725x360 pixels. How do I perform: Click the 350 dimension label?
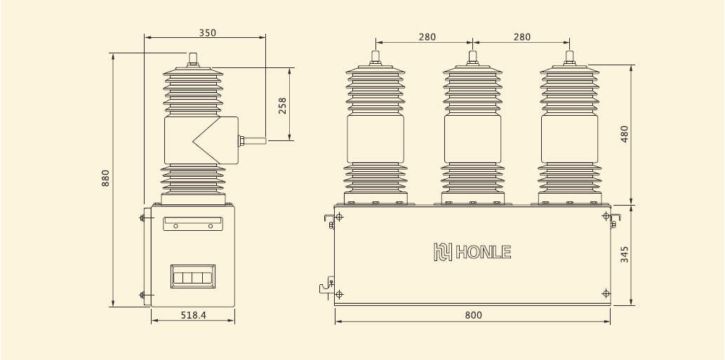click(207, 33)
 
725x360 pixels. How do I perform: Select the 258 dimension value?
click(282, 105)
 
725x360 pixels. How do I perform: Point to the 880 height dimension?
click(105, 179)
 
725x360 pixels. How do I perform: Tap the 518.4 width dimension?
click(194, 315)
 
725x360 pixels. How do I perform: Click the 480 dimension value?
click(625, 134)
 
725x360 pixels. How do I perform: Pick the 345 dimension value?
click(625, 254)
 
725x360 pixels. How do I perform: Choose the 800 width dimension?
click(474, 315)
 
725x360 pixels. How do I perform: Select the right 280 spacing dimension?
click(522, 37)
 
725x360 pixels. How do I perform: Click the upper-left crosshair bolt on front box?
click(340, 217)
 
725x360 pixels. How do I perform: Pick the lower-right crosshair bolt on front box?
click(606, 293)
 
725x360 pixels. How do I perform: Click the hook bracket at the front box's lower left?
click(325, 288)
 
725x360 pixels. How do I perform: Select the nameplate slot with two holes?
click(192, 223)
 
